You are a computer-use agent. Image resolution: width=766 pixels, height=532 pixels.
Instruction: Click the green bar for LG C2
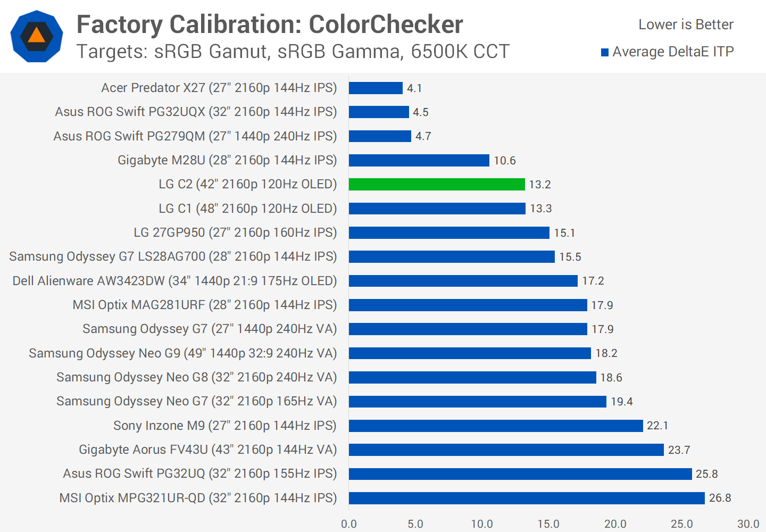pos(437,184)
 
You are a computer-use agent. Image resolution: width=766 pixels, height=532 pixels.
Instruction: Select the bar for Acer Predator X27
pos(376,88)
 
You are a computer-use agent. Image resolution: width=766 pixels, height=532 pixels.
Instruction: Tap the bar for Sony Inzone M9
pos(496,426)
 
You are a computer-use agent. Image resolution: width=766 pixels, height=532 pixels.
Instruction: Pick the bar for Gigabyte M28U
pos(419,160)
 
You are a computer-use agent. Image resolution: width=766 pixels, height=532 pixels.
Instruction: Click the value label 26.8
pos(720,498)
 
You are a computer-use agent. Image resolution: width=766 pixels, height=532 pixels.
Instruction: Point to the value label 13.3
pos(541,209)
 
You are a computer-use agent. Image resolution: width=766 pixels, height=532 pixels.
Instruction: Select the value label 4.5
pos(421,112)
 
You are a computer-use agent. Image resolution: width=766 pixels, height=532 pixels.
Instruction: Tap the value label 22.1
pos(657,426)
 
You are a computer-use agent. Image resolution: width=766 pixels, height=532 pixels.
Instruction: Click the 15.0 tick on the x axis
pos(548,524)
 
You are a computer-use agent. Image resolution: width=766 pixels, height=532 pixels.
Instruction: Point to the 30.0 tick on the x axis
pos(748,524)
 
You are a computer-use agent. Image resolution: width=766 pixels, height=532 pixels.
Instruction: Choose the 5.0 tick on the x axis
pos(415,524)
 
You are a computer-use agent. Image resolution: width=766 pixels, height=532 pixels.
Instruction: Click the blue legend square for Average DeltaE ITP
pos(605,52)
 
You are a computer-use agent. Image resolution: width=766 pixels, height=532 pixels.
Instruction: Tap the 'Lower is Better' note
pos(686,24)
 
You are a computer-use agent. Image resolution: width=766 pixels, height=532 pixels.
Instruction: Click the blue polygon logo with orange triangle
pos(37,36)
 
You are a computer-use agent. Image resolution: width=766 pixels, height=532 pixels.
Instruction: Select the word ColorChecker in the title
pos(386,24)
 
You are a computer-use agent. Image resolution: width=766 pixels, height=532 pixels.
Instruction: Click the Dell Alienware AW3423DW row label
pos(174,281)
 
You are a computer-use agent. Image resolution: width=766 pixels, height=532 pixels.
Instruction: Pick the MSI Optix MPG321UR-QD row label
pos(198,498)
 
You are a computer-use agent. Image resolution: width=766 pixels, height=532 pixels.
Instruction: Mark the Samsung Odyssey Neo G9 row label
pos(183,353)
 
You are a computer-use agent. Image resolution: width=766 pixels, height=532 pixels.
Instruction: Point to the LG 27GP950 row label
pos(235,232)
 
